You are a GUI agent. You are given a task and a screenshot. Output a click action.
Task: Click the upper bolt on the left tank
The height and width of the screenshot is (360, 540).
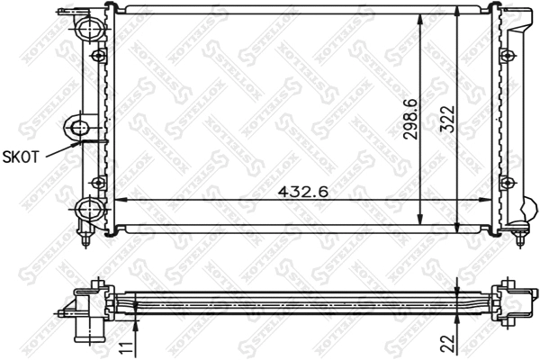100,57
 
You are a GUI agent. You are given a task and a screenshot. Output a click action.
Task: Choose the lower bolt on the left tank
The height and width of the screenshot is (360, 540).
100,183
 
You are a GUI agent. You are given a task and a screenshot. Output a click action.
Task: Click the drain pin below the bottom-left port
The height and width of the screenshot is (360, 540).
85,238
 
